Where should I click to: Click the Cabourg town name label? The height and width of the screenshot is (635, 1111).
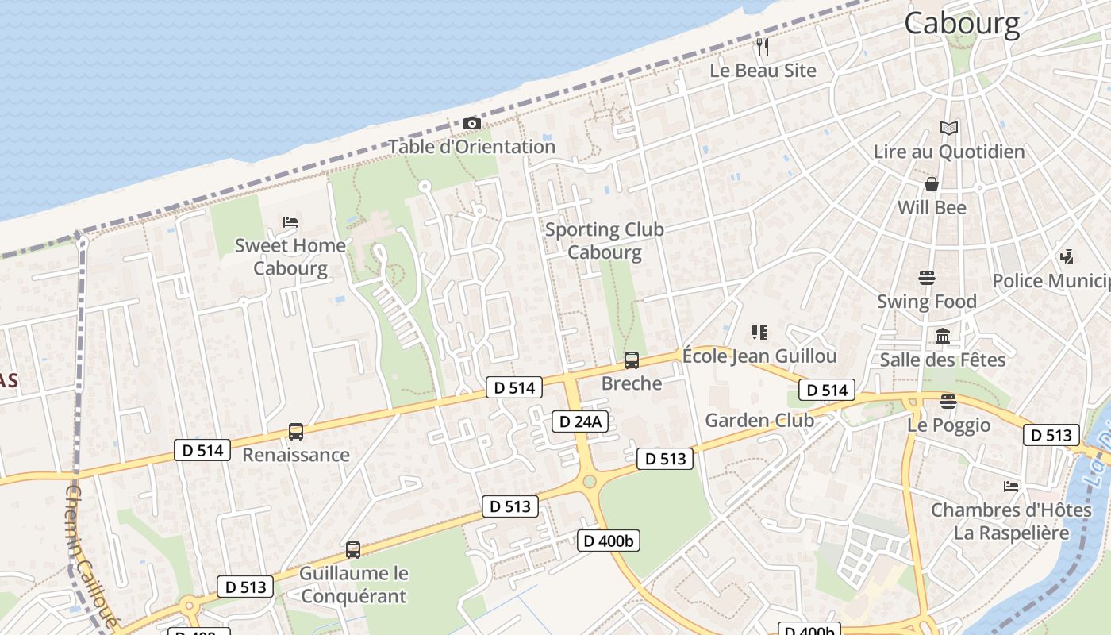click(x=962, y=23)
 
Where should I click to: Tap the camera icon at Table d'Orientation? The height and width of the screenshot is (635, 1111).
click(x=471, y=124)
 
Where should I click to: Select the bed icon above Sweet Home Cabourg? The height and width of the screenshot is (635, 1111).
click(x=290, y=222)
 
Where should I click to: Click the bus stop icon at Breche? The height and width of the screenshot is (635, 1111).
click(x=632, y=360)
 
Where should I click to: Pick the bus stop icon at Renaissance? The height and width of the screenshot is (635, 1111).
click(x=296, y=432)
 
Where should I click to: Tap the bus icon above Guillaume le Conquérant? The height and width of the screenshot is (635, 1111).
click(x=353, y=549)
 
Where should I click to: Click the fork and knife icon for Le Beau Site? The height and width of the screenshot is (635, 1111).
click(x=763, y=47)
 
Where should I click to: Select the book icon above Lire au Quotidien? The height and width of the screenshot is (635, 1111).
click(x=949, y=128)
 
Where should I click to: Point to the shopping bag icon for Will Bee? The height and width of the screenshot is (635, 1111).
click(x=932, y=184)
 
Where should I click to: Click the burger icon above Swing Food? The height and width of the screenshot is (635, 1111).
click(x=927, y=278)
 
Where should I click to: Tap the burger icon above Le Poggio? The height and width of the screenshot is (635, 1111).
click(x=948, y=401)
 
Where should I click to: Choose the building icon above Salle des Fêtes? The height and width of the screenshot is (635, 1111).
click(x=943, y=336)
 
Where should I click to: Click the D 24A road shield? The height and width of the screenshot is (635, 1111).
click(x=580, y=421)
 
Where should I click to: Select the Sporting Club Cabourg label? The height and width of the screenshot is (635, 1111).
click(x=605, y=241)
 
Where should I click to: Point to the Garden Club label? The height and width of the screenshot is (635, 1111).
click(x=759, y=420)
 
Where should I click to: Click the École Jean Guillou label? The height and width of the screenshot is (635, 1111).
click(x=759, y=356)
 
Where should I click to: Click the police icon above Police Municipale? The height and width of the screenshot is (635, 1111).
click(x=1067, y=256)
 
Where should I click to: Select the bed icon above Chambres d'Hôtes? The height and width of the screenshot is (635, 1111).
click(x=1011, y=486)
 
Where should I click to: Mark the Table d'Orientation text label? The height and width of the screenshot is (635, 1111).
click(x=471, y=147)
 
